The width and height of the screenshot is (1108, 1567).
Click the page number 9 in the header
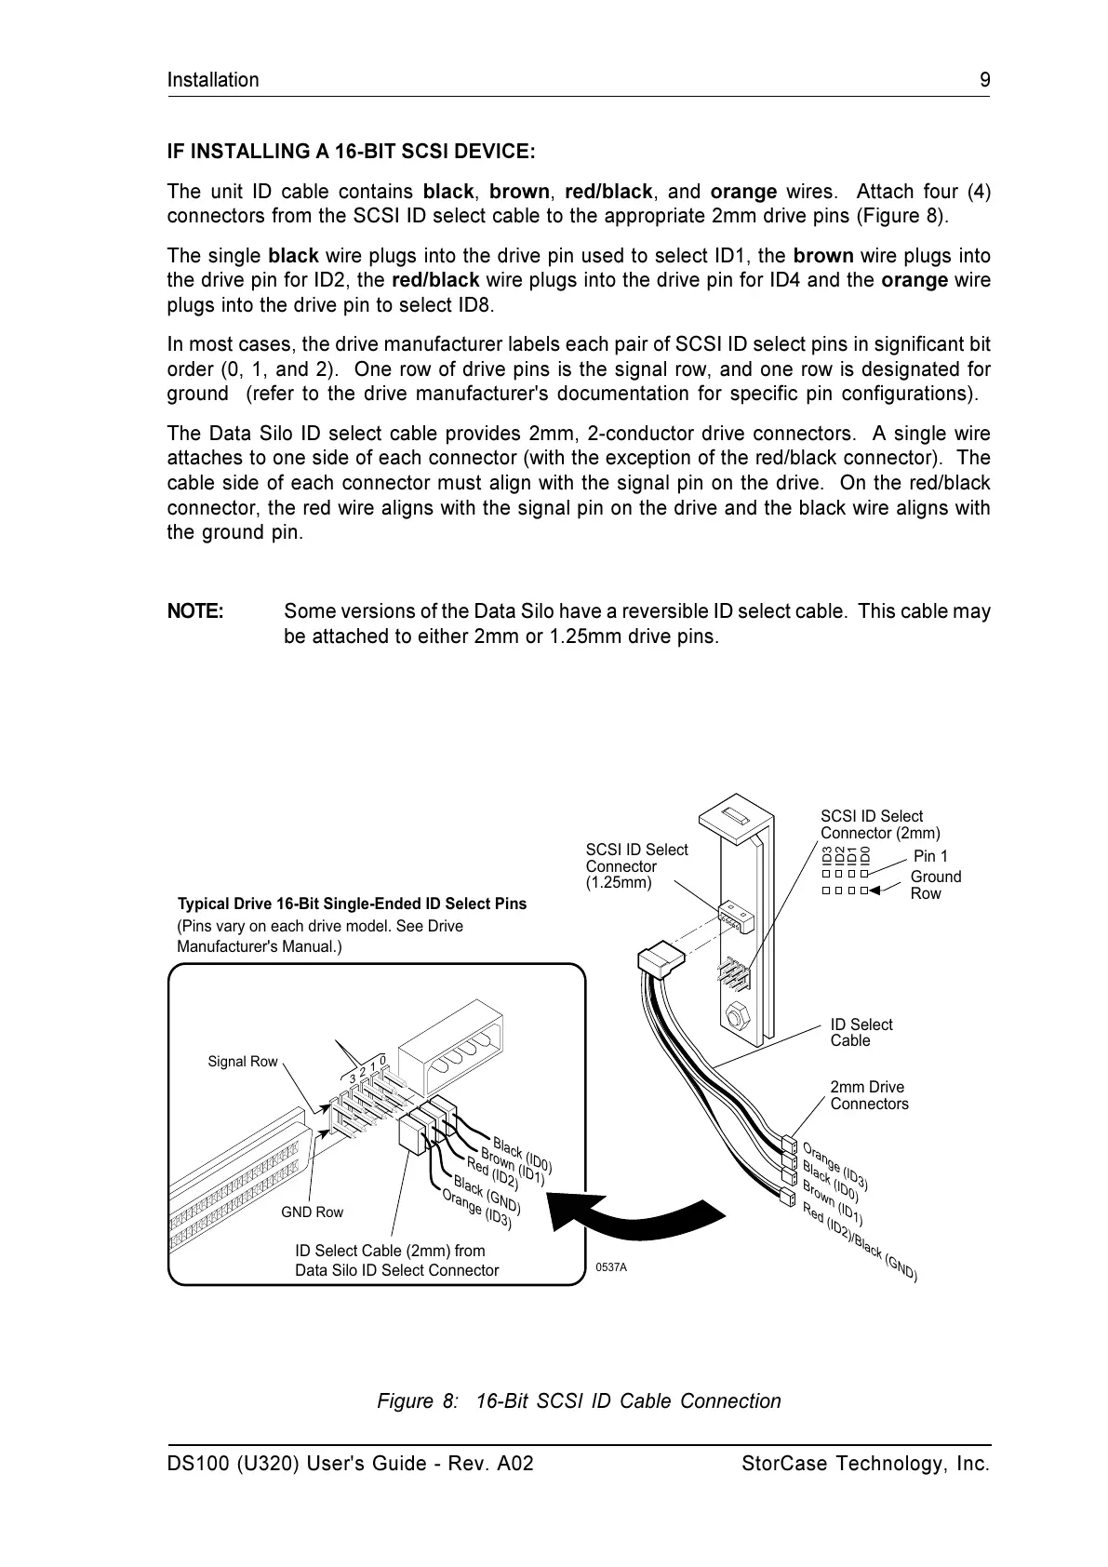[984, 80]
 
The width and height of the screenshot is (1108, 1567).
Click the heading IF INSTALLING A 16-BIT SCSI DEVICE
[351, 151]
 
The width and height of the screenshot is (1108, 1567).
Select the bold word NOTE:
[194, 611]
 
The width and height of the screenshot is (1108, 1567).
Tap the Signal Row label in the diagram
[242, 1062]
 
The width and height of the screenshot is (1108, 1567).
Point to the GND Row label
[312, 1212]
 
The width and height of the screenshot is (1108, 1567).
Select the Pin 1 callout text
[930, 856]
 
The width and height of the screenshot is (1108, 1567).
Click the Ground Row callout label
[935, 885]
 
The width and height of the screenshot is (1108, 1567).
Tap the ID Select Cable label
[861, 1032]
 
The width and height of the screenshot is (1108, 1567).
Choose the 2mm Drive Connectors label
[869, 1095]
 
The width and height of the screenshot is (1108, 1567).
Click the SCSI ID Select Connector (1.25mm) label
[636, 865]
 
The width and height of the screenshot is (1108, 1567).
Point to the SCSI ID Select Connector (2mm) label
[879, 824]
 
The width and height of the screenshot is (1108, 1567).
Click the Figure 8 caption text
[579, 1401]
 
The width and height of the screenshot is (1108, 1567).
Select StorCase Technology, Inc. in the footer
[865, 1464]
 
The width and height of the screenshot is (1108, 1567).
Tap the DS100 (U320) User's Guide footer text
[350, 1464]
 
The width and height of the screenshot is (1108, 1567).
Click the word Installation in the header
[213, 80]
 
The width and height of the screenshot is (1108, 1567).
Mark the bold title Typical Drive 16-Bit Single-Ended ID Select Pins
[352, 904]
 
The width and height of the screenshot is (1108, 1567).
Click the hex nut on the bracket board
[734, 1016]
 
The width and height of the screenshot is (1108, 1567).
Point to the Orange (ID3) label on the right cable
[834, 1166]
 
